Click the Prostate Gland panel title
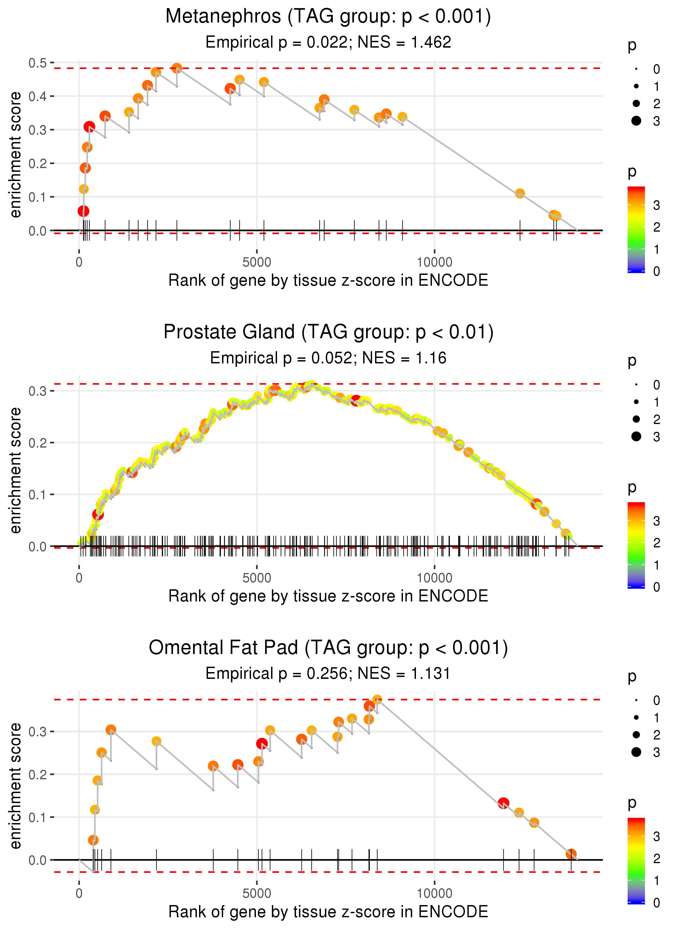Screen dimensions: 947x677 (328, 332)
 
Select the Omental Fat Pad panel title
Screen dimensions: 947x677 (328, 647)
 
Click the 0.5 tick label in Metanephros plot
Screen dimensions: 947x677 (38, 63)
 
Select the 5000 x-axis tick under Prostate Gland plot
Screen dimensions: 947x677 (257, 578)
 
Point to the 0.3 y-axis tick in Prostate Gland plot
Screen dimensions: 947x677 (38, 391)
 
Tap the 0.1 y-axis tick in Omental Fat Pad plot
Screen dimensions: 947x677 (38, 817)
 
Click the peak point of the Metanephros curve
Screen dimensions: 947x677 (177, 68)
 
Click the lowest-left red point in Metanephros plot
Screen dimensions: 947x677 (83, 211)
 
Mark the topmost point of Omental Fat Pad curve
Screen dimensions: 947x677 (377, 700)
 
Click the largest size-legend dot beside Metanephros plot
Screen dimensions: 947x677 (636, 121)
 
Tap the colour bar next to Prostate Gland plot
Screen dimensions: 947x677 (636, 545)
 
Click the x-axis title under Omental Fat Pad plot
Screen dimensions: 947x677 (328, 912)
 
